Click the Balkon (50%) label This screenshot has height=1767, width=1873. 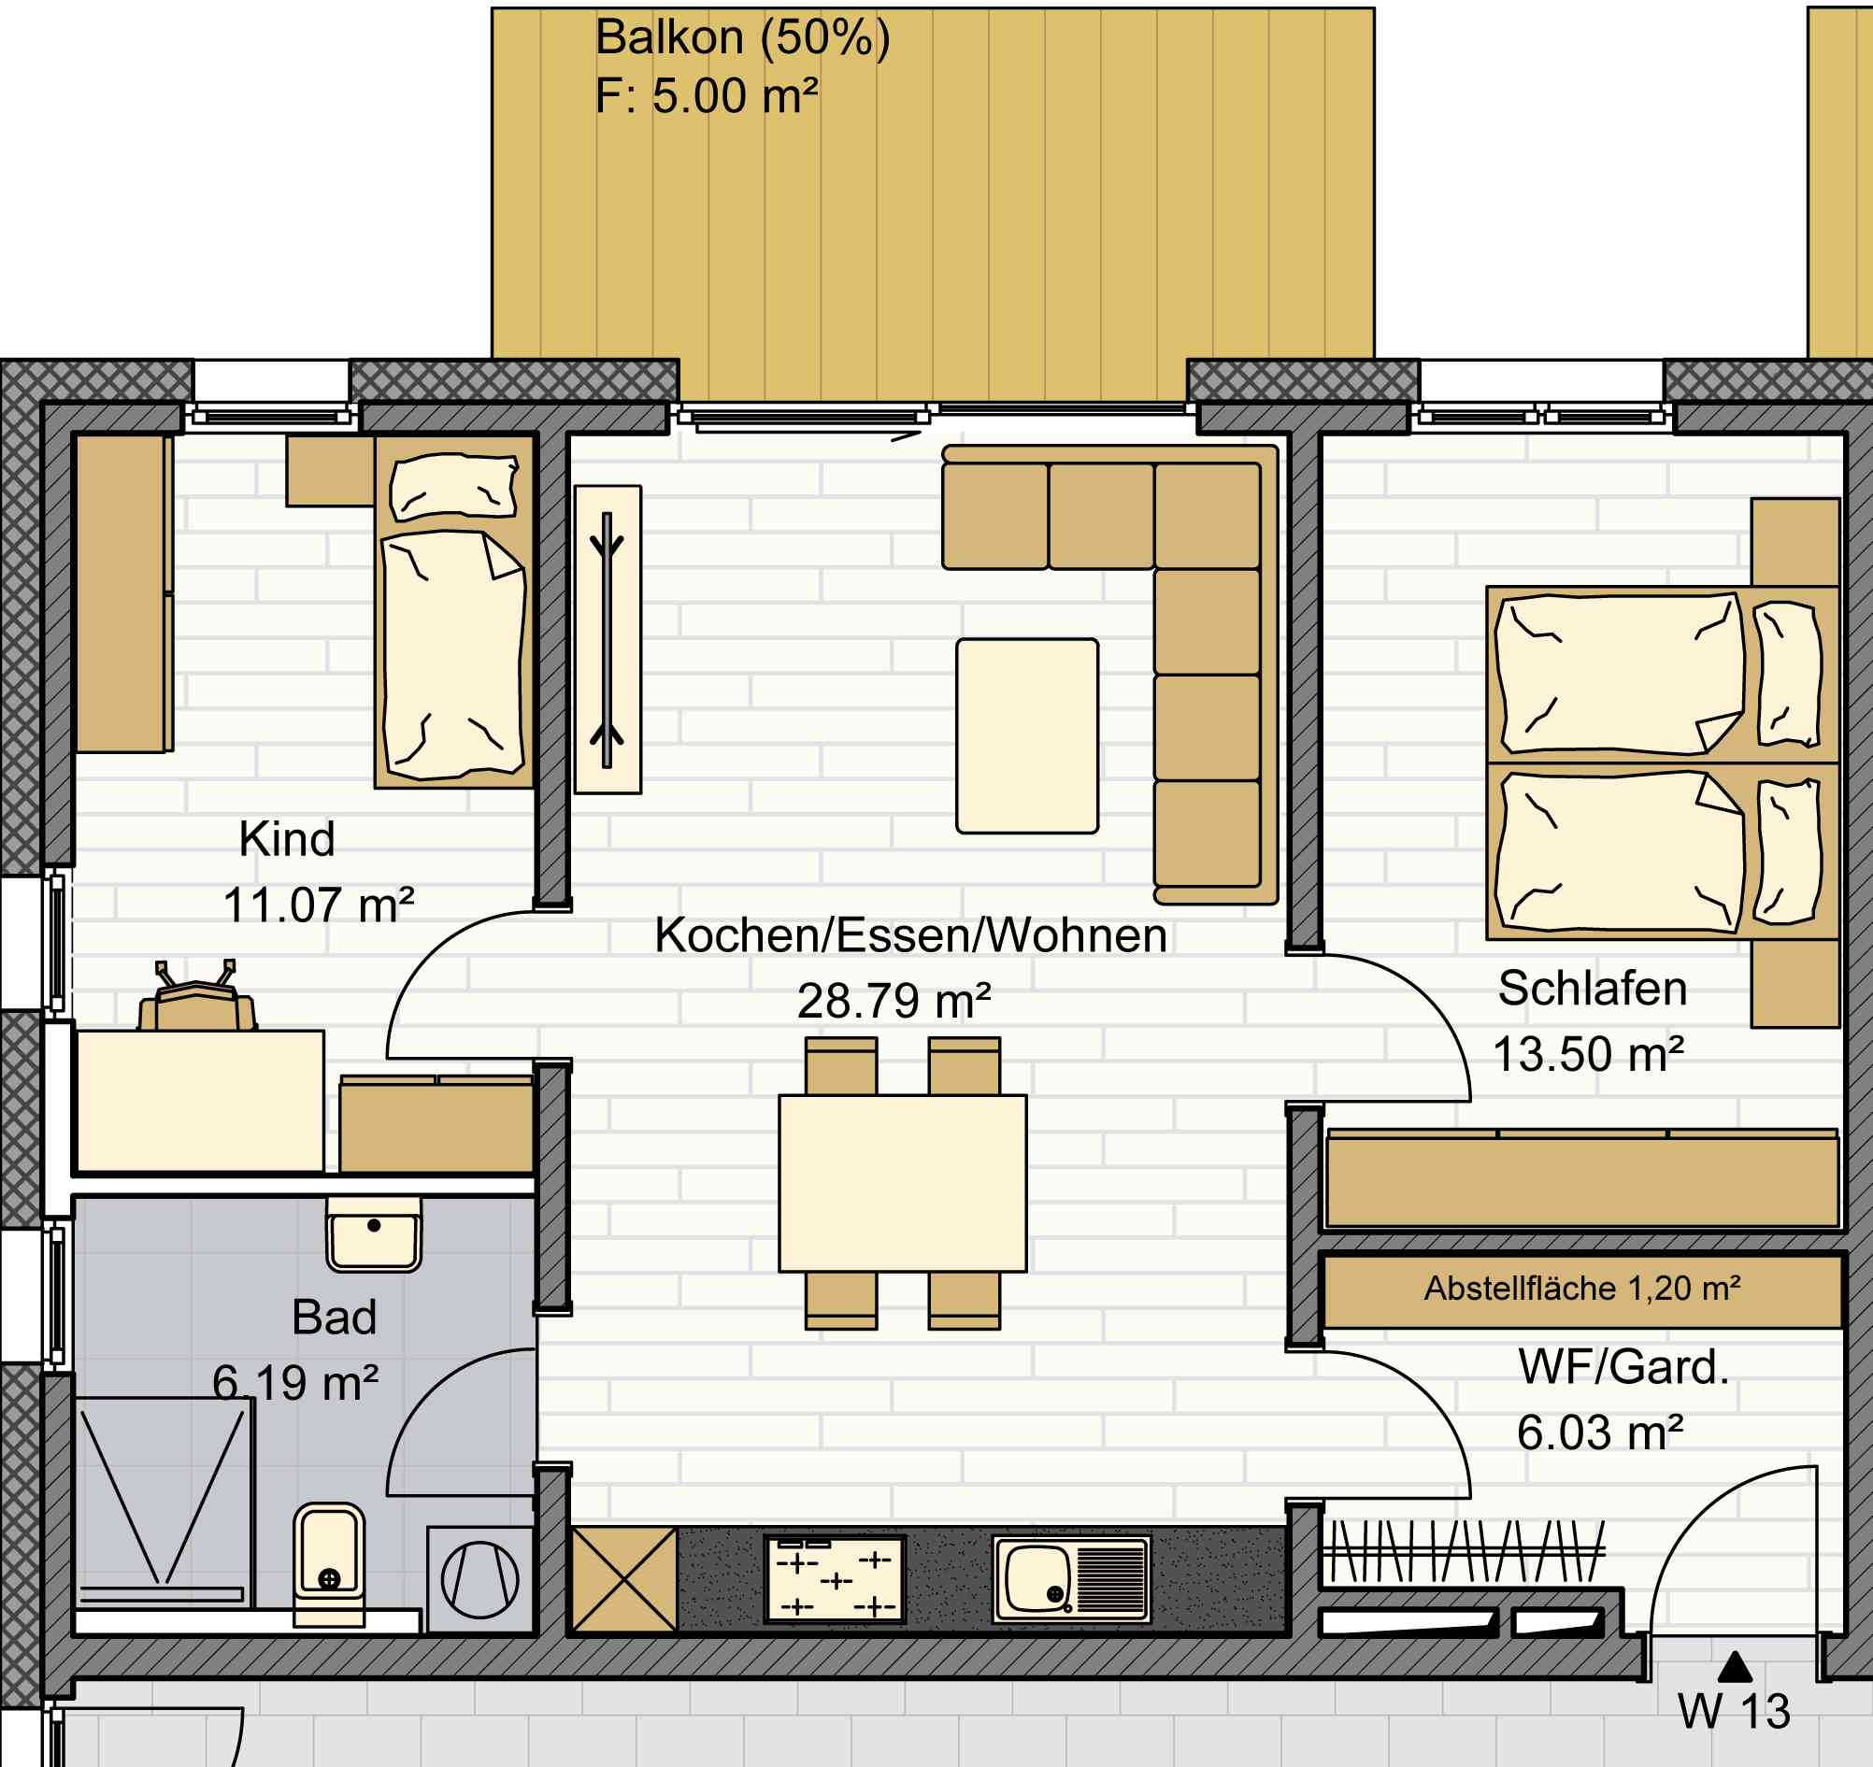tap(742, 38)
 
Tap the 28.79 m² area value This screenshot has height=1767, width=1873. tap(894, 1001)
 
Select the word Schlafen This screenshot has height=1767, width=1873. tap(1593, 988)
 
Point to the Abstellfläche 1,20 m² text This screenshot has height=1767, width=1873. tap(1582, 1288)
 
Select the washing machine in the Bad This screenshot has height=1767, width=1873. tap(480, 1579)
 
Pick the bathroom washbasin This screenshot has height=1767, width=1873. tap(374, 1234)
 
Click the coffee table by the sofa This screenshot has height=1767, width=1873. tap(1027, 735)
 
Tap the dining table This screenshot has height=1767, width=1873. tap(902, 1183)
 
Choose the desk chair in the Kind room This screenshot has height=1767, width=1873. tap(197, 998)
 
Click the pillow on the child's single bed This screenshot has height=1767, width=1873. tap(454, 486)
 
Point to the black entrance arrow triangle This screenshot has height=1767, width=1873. tap(1735, 1667)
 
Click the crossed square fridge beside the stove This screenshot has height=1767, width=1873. tap(624, 1579)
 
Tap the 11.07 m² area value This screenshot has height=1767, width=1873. tap(319, 905)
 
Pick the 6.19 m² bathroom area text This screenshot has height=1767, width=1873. tap(295, 1384)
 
